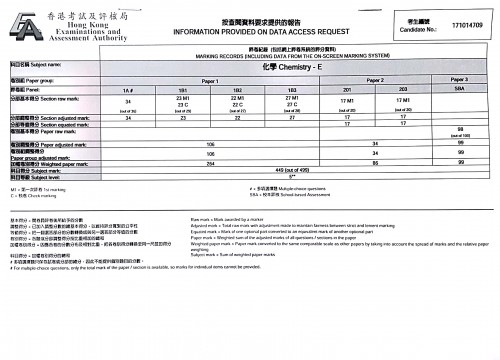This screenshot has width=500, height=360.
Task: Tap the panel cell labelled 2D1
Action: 348,89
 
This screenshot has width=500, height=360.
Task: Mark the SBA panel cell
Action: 460,89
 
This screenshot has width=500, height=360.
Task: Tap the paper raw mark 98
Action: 460,129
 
